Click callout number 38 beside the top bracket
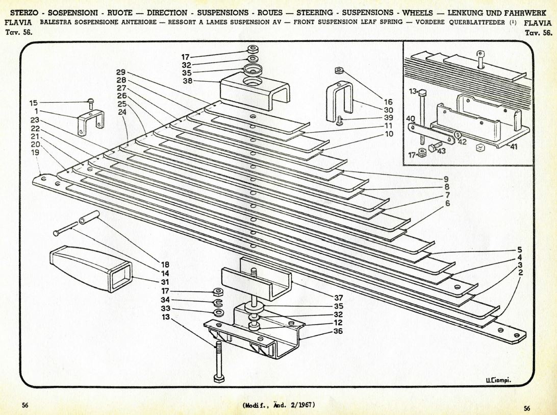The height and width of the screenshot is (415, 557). click(x=187, y=81)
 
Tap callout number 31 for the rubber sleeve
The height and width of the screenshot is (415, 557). click(x=165, y=281)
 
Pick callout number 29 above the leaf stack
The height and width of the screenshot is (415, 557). click(x=120, y=72)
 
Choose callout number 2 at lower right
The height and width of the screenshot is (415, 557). click(x=520, y=273)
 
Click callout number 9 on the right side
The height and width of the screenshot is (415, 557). click(x=446, y=179)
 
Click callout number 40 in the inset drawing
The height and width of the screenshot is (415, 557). click(x=410, y=118)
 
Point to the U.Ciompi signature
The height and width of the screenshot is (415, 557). click(x=498, y=380)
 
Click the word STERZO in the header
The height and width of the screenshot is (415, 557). click(x=24, y=13)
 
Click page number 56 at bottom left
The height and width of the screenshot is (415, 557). click(x=24, y=405)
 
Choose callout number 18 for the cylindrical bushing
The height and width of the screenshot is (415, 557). click(x=165, y=264)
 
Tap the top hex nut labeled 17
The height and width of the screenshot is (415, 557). click(x=252, y=49)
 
